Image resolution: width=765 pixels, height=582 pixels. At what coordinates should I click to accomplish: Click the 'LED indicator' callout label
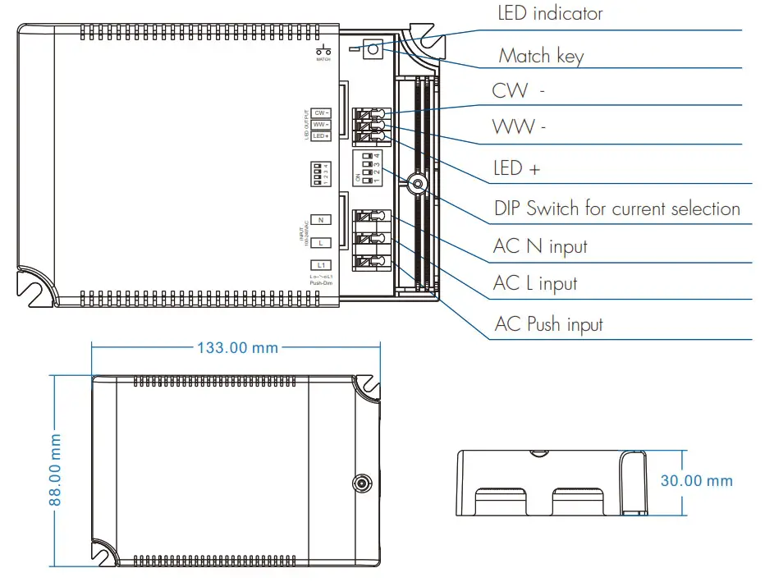tap(550, 14)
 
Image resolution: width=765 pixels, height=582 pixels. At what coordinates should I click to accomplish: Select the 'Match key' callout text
tap(541, 56)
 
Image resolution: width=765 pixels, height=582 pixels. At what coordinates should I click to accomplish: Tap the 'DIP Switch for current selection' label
tap(616, 209)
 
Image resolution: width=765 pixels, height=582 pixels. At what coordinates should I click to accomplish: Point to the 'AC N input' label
tap(540, 246)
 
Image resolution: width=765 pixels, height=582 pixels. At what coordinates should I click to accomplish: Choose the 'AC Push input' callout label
tap(548, 324)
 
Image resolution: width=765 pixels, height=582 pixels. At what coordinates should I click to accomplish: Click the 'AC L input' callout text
tap(534, 284)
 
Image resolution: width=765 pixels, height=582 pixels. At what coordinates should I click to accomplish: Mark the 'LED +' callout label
tap(516, 168)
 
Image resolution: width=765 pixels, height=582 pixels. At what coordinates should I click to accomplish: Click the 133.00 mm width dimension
tap(237, 347)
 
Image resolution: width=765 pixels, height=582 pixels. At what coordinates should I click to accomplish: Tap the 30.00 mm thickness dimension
tap(696, 481)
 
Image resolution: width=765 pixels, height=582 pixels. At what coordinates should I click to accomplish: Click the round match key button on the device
tap(372, 49)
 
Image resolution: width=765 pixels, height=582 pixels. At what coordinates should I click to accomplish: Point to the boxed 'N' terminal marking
tap(320, 219)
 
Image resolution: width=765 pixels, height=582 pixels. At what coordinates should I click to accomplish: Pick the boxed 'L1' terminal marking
tap(320, 264)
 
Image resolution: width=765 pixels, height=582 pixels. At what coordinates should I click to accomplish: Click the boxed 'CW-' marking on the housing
tap(320, 112)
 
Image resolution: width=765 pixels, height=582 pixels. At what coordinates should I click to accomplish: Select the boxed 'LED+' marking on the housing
tap(320, 135)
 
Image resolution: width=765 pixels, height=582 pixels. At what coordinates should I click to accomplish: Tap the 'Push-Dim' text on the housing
tap(320, 283)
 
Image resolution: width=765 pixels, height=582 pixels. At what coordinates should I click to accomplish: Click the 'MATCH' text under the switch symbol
tap(323, 60)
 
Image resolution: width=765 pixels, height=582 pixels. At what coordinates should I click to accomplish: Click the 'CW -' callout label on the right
tap(518, 90)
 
